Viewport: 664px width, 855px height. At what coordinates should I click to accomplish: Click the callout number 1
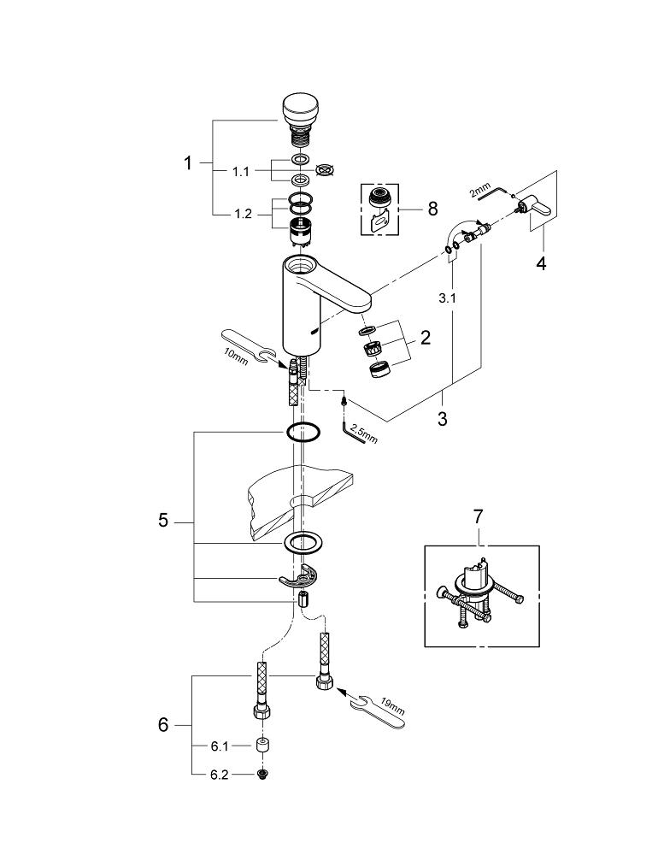(x=188, y=162)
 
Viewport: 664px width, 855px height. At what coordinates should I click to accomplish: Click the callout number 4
(x=540, y=263)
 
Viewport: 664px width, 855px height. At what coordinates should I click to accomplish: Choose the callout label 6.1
(x=220, y=746)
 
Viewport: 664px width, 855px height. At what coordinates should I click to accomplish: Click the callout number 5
(x=163, y=521)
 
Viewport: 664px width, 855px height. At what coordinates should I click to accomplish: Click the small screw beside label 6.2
(x=262, y=775)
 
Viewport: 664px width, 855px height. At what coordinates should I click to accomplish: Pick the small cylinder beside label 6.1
(x=262, y=746)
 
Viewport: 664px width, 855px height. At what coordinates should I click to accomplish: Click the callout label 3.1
(x=447, y=299)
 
